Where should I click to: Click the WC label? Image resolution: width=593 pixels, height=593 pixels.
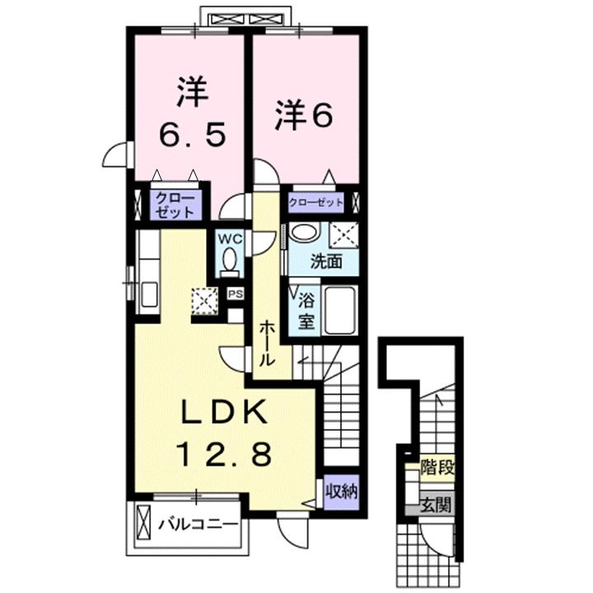(x=228, y=238)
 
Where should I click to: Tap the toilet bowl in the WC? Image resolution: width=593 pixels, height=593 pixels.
(x=229, y=263)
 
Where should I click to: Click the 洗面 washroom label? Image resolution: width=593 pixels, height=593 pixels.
(x=326, y=263)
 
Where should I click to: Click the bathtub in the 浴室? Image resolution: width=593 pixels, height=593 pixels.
(x=339, y=310)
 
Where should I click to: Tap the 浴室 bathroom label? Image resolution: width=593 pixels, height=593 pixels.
(x=306, y=309)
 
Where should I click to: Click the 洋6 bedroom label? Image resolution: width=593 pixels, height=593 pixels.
(x=304, y=114)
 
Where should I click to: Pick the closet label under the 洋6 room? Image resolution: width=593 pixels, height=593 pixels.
(x=315, y=202)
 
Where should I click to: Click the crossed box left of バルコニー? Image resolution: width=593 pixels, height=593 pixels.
(x=144, y=523)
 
